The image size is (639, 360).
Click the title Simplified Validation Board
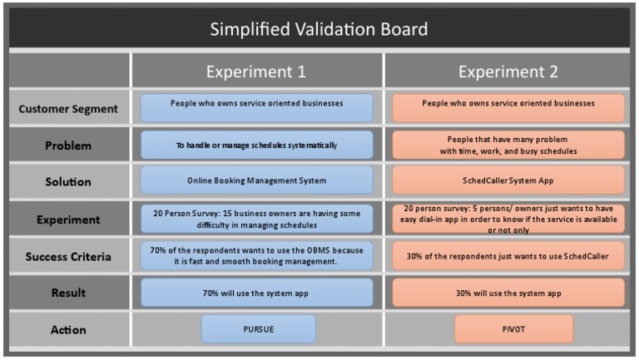click(319, 29)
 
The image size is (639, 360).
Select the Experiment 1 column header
click(256, 72)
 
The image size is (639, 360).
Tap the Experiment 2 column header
click(508, 72)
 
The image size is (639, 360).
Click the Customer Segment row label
click(68, 109)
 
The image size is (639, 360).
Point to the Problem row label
click(68, 145)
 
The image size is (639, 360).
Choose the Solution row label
click(68, 181)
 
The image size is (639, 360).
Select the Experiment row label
click(68, 219)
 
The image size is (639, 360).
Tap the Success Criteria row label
click(68, 256)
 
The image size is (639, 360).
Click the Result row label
click(68, 293)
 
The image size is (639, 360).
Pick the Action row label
click(68, 329)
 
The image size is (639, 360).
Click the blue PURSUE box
click(258, 329)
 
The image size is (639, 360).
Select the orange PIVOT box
click(513, 329)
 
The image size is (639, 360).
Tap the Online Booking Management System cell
click(256, 180)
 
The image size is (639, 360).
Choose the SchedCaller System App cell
click(508, 180)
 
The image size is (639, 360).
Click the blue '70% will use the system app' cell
click(256, 293)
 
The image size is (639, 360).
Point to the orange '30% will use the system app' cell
click(508, 293)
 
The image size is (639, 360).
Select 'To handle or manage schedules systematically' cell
click(256, 145)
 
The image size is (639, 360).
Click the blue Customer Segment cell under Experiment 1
click(256, 108)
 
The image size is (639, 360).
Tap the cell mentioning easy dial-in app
click(508, 219)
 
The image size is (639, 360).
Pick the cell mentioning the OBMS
click(256, 255)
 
